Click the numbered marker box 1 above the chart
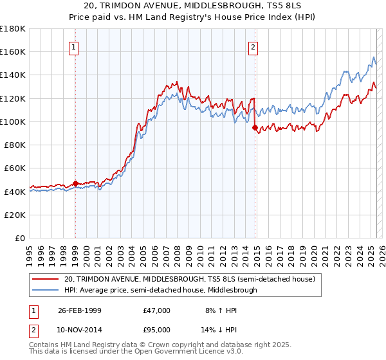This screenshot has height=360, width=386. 75,46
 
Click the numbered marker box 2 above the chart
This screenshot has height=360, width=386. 253,46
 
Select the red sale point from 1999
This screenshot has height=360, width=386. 75,183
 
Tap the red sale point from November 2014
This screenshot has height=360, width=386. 255,127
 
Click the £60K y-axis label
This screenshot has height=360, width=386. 15,168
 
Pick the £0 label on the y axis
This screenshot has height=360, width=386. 21,238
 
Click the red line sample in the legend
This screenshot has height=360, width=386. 46,279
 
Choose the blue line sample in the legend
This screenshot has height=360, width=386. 46,290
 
